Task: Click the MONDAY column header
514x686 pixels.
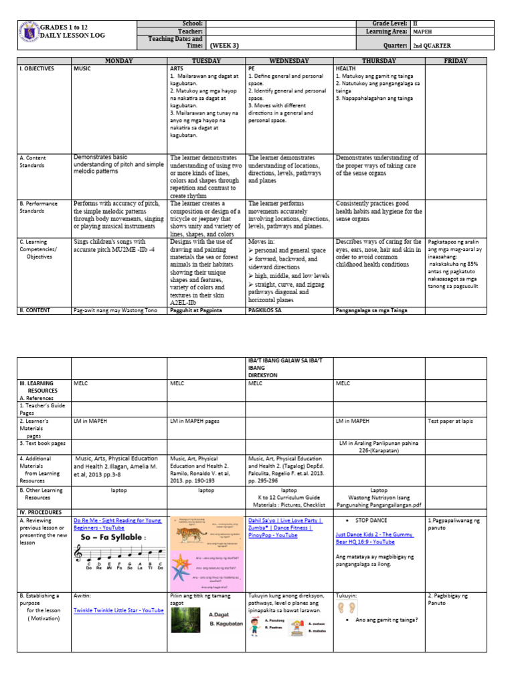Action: point(118,61)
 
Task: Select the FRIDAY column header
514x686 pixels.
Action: point(456,61)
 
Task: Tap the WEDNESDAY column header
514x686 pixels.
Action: point(289,61)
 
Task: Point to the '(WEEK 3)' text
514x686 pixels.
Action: point(225,46)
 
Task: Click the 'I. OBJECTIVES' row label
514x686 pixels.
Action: point(36,68)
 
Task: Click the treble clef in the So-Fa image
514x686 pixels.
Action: point(82,553)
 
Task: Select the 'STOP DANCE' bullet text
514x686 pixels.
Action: point(373,519)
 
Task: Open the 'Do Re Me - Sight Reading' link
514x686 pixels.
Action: point(117,523)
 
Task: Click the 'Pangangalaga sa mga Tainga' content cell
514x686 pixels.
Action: point(371,310)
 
